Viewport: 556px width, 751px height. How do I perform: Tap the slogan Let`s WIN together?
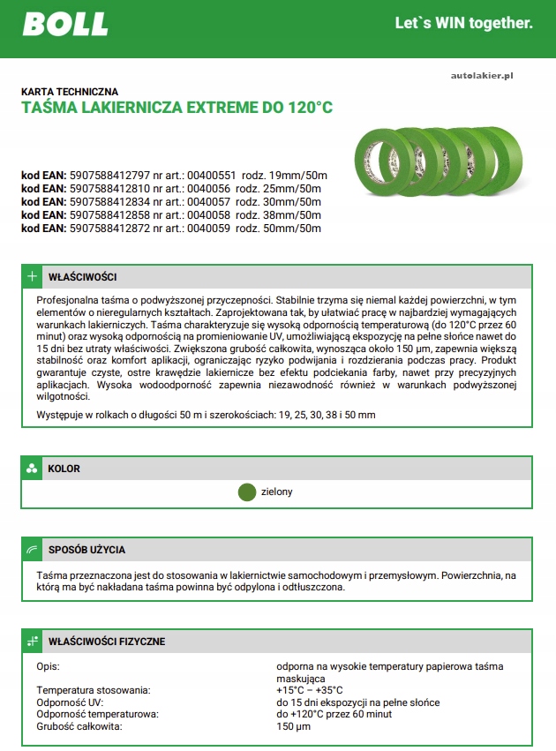coord(463,23)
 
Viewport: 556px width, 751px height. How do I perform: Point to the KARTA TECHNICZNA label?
coord(69,91)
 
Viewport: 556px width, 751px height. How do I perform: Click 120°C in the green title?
coord(305,109)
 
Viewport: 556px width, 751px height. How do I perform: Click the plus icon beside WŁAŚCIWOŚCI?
coord(32,277)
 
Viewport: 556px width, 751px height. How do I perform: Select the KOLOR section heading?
coord(64,468)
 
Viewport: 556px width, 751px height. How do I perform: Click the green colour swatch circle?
coord(247,492)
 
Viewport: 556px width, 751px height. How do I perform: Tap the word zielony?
coord(277,492)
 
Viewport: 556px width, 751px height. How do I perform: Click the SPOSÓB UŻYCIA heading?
coord(86,550)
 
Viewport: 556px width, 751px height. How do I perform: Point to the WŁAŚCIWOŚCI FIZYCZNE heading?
coord(106,642)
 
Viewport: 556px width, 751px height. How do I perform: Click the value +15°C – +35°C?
coord(310,690)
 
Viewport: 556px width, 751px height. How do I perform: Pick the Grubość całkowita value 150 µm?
coord(294,726)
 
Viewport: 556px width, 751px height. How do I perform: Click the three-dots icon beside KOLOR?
coord(32,468)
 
